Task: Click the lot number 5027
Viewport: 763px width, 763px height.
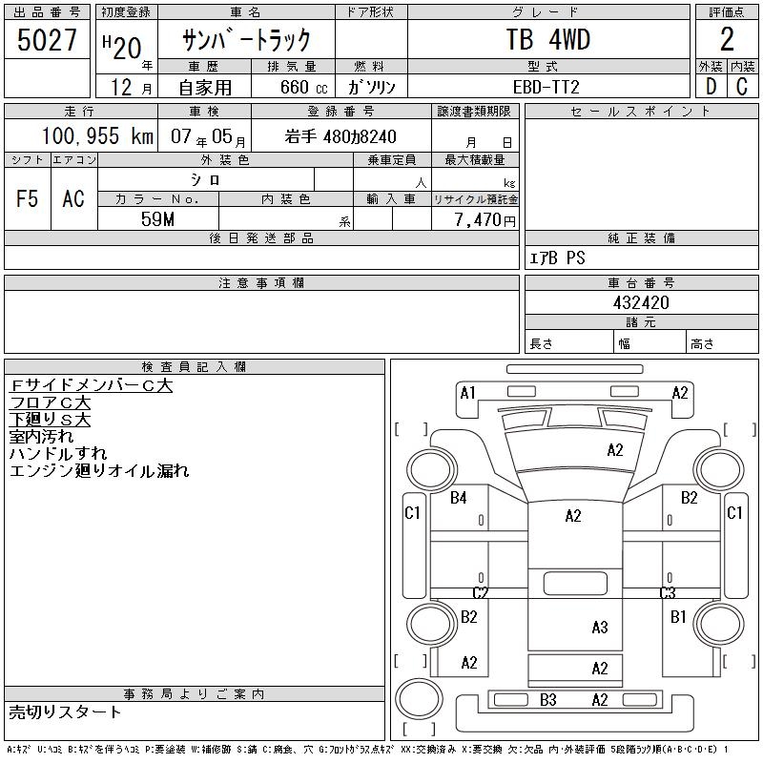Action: tap(47, 40)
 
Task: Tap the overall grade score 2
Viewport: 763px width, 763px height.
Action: tap(727, 40)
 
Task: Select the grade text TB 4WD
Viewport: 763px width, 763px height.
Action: tap(547, 40)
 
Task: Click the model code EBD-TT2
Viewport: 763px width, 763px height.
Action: tap(547, 86)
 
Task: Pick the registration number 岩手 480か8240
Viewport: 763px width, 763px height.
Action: tap(340, 136)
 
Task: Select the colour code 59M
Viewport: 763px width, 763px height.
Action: tap(158, 218)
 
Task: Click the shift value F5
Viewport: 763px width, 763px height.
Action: tap(27, 198)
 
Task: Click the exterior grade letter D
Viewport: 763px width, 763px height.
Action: tap(711, 87)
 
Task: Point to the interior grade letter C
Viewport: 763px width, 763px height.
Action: tap(742, 87)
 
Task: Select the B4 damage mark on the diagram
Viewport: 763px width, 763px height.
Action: tap(459, 497)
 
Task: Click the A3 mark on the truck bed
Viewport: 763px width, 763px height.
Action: tap(599, 627)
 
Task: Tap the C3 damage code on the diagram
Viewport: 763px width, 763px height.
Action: tap(668, 593)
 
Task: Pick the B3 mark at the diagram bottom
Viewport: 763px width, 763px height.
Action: tap(547, 700)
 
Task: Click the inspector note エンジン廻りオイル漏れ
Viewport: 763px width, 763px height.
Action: tap(99, 471)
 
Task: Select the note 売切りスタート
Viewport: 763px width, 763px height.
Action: tap(65, 712)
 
